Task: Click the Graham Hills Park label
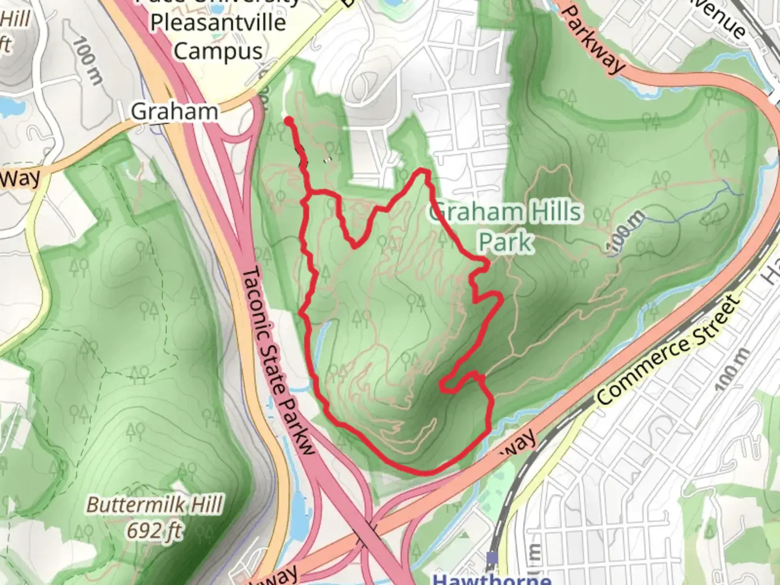click(505, 226)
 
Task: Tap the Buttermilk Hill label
click(154, 505)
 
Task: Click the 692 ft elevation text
click(155, 530)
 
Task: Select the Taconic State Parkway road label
click(277, 360)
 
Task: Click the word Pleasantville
click(218, 23)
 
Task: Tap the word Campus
click(218, 51)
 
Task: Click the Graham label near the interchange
click(174, 112)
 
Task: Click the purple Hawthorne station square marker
click(492, 557)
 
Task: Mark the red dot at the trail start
click(289, 121)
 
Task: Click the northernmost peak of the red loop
click(422, 172)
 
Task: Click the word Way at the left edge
click(19, 178)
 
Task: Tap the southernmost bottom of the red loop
click(422, 472)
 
